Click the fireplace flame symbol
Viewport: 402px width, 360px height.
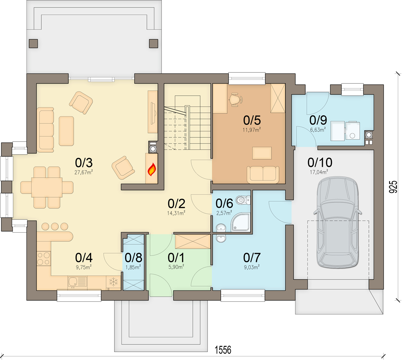[x=152, y=170]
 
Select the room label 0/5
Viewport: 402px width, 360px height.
[x=252, y=120]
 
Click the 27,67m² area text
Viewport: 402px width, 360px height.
[x=83, y=172]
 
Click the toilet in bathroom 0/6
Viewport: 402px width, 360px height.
[x=243, y=200]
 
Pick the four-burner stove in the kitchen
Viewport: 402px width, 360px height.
[x=43, y=258]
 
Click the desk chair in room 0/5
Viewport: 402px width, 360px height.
[x=236, y=100]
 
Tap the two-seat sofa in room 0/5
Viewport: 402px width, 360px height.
[x=263, y=175]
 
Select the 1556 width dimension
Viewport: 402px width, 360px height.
[x=223, y=350]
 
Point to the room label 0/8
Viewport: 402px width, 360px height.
[x=133, y=258]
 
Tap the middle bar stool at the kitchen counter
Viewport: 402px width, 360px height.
[x=55, y=226]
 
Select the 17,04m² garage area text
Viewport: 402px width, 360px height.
[x=319, y=172]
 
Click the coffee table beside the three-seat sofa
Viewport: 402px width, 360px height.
[x=66, y=131]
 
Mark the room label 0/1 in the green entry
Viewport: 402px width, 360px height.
[x=176, y=258]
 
